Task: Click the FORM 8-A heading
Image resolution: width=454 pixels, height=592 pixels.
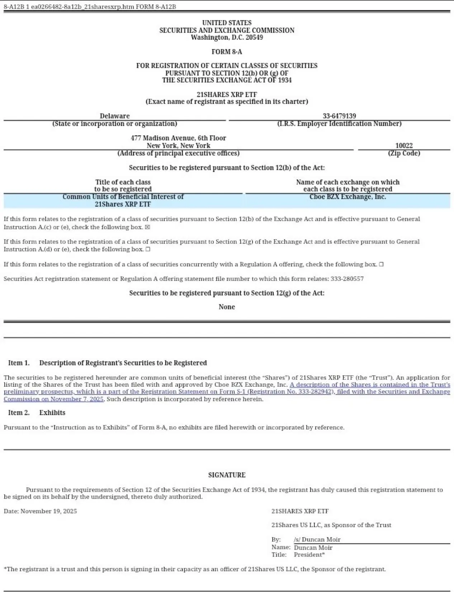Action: (x=227, y=52)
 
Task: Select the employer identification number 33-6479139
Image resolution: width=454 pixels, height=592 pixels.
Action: (x=339, y=116)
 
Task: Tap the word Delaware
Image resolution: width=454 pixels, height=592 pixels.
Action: (x=115, y=116)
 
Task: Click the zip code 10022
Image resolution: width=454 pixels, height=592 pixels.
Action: (x=404, y=145)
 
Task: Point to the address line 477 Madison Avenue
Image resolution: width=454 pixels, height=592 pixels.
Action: (x=178, y=138)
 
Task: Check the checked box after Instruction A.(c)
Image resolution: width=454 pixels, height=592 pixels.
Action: (x=147, y=227)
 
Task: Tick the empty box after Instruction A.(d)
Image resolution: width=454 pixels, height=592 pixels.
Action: (x=148, y=249)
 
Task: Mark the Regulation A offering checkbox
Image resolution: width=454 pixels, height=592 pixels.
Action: (x=381, y=264)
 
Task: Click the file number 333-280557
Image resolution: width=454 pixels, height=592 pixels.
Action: (x=347, y=279)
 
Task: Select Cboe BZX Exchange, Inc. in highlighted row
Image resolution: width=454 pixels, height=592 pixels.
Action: (x=347, y=197)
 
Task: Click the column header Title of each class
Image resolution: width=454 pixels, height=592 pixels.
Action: (x=123, y=182)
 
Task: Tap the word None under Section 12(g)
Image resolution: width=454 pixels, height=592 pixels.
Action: (x=227, y=307)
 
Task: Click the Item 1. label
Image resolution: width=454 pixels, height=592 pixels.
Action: (x=19, y=363)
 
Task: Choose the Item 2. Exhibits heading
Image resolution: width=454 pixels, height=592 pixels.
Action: (x=37, y=413)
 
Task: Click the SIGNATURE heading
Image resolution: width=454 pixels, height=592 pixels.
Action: (x=227, y=475)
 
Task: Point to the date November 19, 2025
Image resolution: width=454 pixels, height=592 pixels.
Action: (x=48, y=511)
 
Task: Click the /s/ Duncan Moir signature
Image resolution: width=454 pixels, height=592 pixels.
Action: (x=317, y=539)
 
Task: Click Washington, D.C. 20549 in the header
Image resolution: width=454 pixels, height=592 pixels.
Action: (x=227, y=37)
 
